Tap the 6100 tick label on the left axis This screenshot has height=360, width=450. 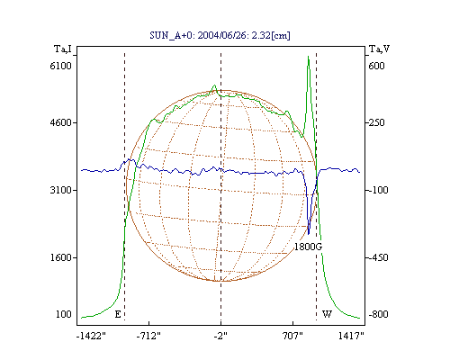click(61, 66)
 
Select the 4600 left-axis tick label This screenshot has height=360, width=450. click(61, 122)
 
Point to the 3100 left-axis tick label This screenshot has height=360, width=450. click(61, 190)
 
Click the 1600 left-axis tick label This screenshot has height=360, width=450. click(61, 257)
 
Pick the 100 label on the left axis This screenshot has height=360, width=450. click(64, 314)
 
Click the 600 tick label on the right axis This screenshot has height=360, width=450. click(376, 66)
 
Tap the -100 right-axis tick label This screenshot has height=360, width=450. click(378, 190)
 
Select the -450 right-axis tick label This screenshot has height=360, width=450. click(378, 257)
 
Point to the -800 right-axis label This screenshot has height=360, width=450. click(378, 314)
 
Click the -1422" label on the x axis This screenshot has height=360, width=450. click(91, 336)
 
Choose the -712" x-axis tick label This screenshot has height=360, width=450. click(148, 336)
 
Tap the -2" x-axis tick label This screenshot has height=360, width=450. click(220, 336)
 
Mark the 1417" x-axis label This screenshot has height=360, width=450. click(351, 336)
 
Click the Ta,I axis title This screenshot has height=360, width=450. click(63, 49)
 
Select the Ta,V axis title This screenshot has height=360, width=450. click(379, 49)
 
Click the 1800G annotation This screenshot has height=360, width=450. click(308, 247)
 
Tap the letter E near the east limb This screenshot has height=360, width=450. click(118, 314)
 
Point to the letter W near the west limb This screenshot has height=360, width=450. click(327, 314)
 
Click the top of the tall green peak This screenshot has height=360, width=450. click(308, 56)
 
